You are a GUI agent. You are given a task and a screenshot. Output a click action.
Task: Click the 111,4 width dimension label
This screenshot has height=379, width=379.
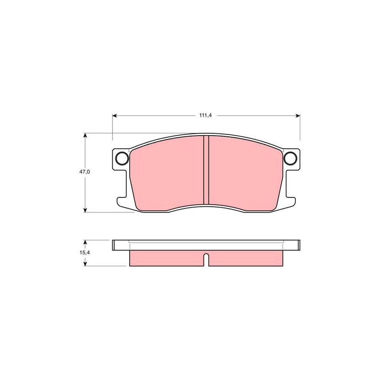pyautogui.click(x=206, y=116)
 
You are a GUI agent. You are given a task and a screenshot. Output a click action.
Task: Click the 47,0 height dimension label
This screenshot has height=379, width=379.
pyautogui.click(x=85, y=172)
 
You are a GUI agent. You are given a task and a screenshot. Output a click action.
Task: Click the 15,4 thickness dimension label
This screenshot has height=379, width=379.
pyautogui.click(x=85, y=253)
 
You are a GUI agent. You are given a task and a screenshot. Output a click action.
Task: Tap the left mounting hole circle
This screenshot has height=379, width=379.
pyautogui.click(x=122, y=158)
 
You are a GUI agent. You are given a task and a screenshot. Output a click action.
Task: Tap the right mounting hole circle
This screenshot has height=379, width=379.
pyautogui.click(x=290, y=158)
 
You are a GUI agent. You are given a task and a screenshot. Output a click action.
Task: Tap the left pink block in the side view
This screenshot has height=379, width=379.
pyautogui.click(x=166, y=258)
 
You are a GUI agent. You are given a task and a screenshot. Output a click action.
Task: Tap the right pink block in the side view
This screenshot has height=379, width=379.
pyautogui.click(x=244, y=258)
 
